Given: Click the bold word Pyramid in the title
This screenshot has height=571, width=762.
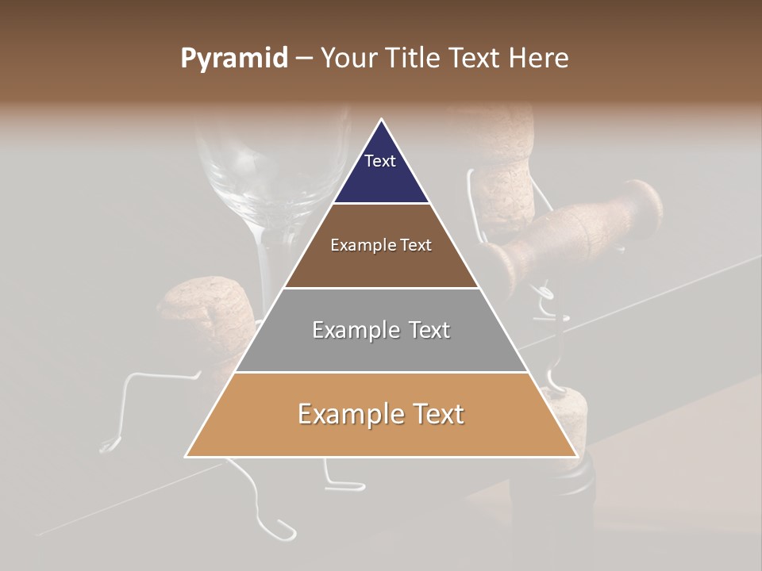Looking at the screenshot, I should point(234,59).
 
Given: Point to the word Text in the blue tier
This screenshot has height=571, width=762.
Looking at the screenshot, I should point(380,161).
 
